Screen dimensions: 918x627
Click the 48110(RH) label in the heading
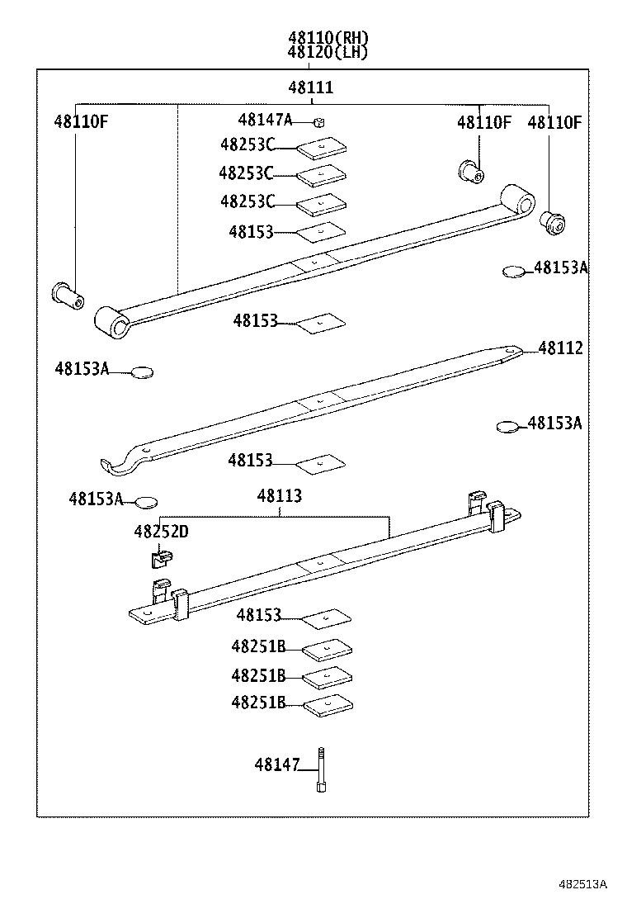328,37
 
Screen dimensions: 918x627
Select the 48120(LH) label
328,52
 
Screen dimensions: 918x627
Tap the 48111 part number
311,88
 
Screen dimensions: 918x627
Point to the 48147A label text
265,120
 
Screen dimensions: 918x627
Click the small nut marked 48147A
321,122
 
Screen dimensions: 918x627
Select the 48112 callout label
560,348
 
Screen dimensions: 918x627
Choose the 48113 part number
279,496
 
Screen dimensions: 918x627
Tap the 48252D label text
161,532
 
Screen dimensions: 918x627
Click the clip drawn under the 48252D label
158,560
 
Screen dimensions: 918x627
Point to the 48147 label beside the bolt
276,765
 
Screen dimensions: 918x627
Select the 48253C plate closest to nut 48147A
322,149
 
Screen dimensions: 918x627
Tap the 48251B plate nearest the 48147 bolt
328,706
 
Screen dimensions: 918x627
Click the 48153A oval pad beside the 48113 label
146,501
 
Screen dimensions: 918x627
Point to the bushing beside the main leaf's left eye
66,294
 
